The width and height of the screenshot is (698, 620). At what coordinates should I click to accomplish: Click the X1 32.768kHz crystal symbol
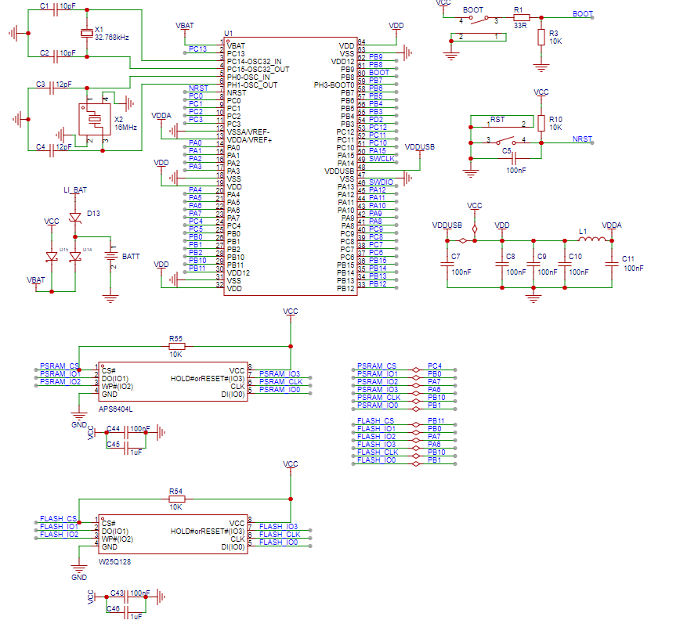pyautogui.click(x=87, y=33)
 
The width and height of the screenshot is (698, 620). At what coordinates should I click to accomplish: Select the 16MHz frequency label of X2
pyautogui.click(x=125, y=126)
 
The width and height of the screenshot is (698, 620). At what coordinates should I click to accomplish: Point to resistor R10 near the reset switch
pyautogui.click(x=541, y=123)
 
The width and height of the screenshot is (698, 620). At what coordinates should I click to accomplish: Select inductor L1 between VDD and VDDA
pyautogui.click(x=589, y=240)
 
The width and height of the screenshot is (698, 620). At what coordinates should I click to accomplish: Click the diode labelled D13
pyautogui.click(x=75, y=217)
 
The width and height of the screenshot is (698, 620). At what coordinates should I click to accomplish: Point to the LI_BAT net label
pyautogui.click(x=75, y=190)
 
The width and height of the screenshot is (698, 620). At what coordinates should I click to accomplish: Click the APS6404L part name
pyautogui.click(x=115, y=409)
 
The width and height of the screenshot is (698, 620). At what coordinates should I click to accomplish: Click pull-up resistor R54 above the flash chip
pyautogui.click(x=176, y=498)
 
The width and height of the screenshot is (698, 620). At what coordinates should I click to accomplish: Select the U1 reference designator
pyautogui.click(x=228, y=34)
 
